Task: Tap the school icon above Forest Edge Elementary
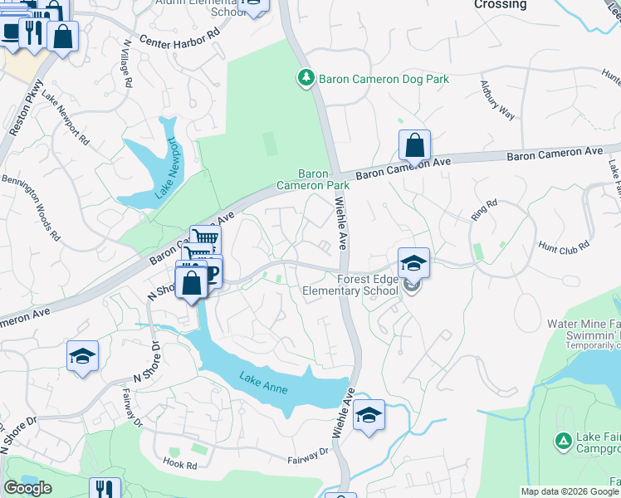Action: (413, 264)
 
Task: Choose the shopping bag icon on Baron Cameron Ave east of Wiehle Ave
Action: (414, 145)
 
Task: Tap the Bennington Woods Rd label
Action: (41, 207)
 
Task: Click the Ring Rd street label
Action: (483, 208)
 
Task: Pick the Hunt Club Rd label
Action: (564, 246)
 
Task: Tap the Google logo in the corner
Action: (27, 488)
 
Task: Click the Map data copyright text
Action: (569, 491)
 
